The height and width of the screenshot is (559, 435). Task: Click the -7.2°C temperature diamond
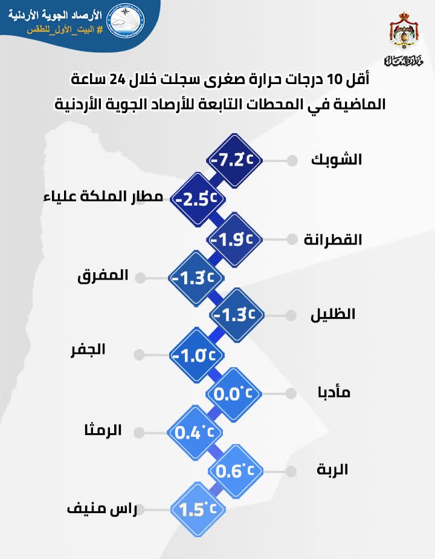(236, 160)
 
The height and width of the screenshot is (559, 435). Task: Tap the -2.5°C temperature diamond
(197, 199)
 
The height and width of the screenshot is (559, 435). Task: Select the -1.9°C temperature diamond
(236, 238)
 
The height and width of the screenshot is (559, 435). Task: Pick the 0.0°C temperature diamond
(236, 393)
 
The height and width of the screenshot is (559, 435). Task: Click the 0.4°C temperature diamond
(196, 432)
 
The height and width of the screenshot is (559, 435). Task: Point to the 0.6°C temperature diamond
(236, 470)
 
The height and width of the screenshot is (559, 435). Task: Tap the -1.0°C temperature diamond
(196, 355)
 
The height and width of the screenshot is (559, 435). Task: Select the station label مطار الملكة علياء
(104, 197)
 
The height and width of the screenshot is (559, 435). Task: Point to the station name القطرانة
(333, 238)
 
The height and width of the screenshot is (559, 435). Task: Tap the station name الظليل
(333, 315)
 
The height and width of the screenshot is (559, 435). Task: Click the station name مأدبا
(333, 392)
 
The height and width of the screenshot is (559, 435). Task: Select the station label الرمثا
(103, 431)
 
